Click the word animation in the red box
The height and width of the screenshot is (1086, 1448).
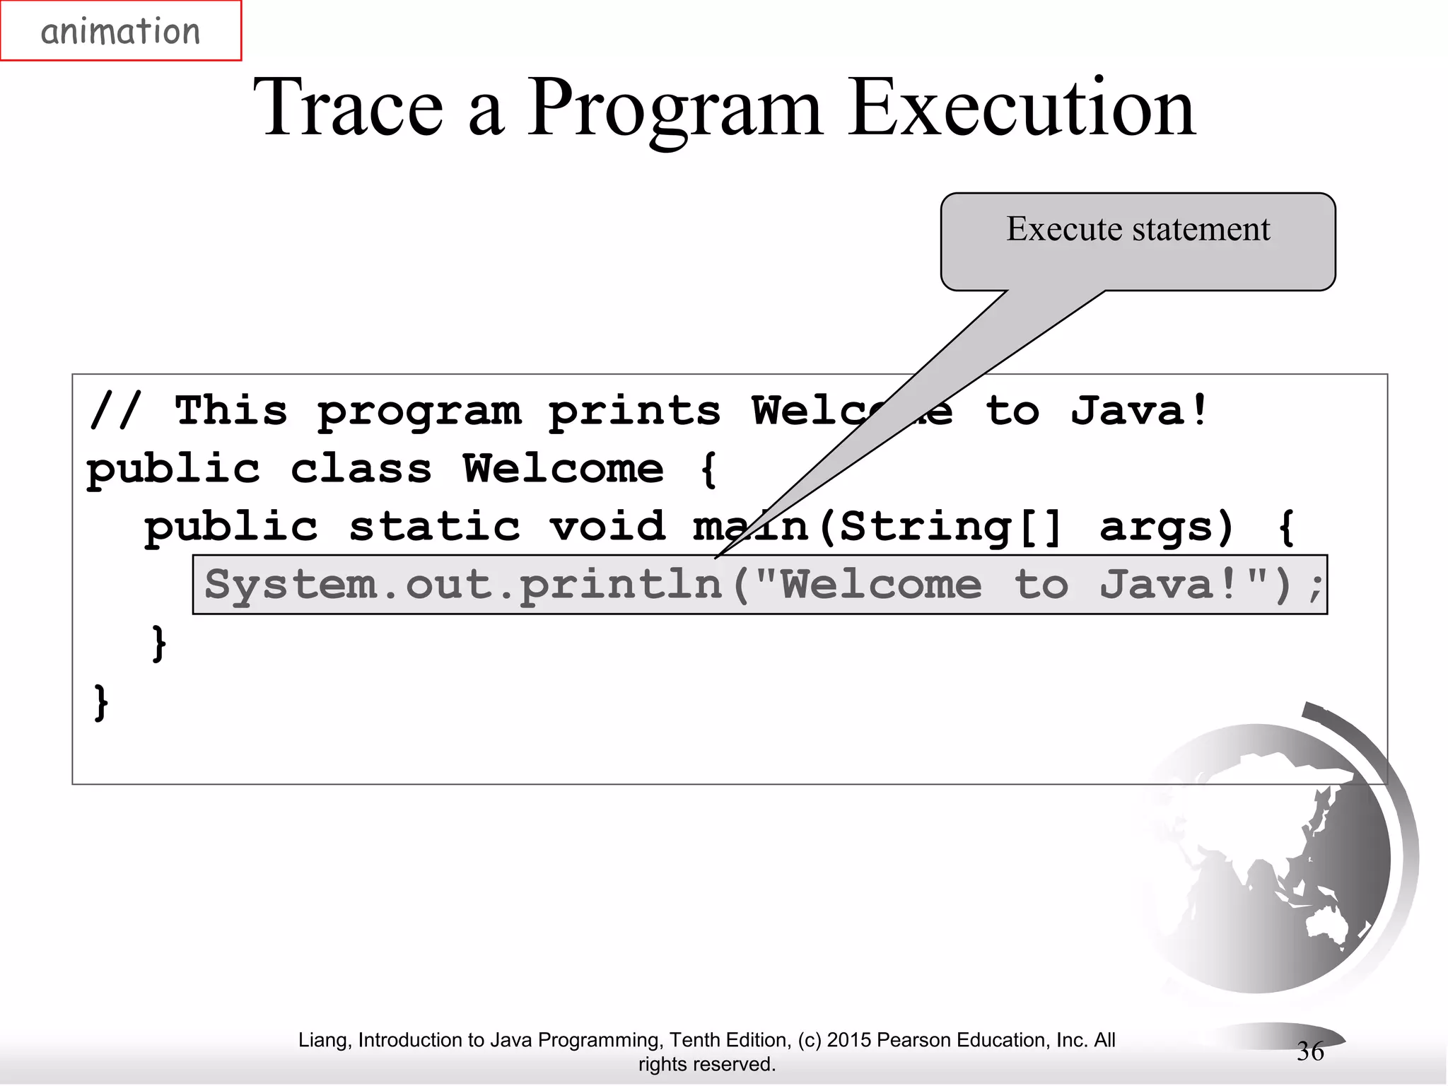pos(120,32)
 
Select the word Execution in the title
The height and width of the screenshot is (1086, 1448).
pos(1021,107)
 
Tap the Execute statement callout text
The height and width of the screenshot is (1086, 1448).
pos(1138,229)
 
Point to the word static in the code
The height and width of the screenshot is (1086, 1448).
pos(434,527)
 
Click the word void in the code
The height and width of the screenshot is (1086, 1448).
pos(607,527)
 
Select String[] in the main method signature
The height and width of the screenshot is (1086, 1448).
pos(950,527)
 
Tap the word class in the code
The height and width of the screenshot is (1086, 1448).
pos(361,469)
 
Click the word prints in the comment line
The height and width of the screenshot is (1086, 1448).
pos(634,411)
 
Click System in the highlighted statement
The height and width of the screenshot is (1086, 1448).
pos(290,585)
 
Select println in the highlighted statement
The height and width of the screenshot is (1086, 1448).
pos(621,585)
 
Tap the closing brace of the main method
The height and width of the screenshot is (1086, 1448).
pos(159,643)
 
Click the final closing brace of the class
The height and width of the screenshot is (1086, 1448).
pos(101,702)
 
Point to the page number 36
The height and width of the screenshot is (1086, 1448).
pos(1309,1051)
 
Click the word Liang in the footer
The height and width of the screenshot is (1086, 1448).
pos(322,1040)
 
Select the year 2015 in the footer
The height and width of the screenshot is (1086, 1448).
pos(849,1040)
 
